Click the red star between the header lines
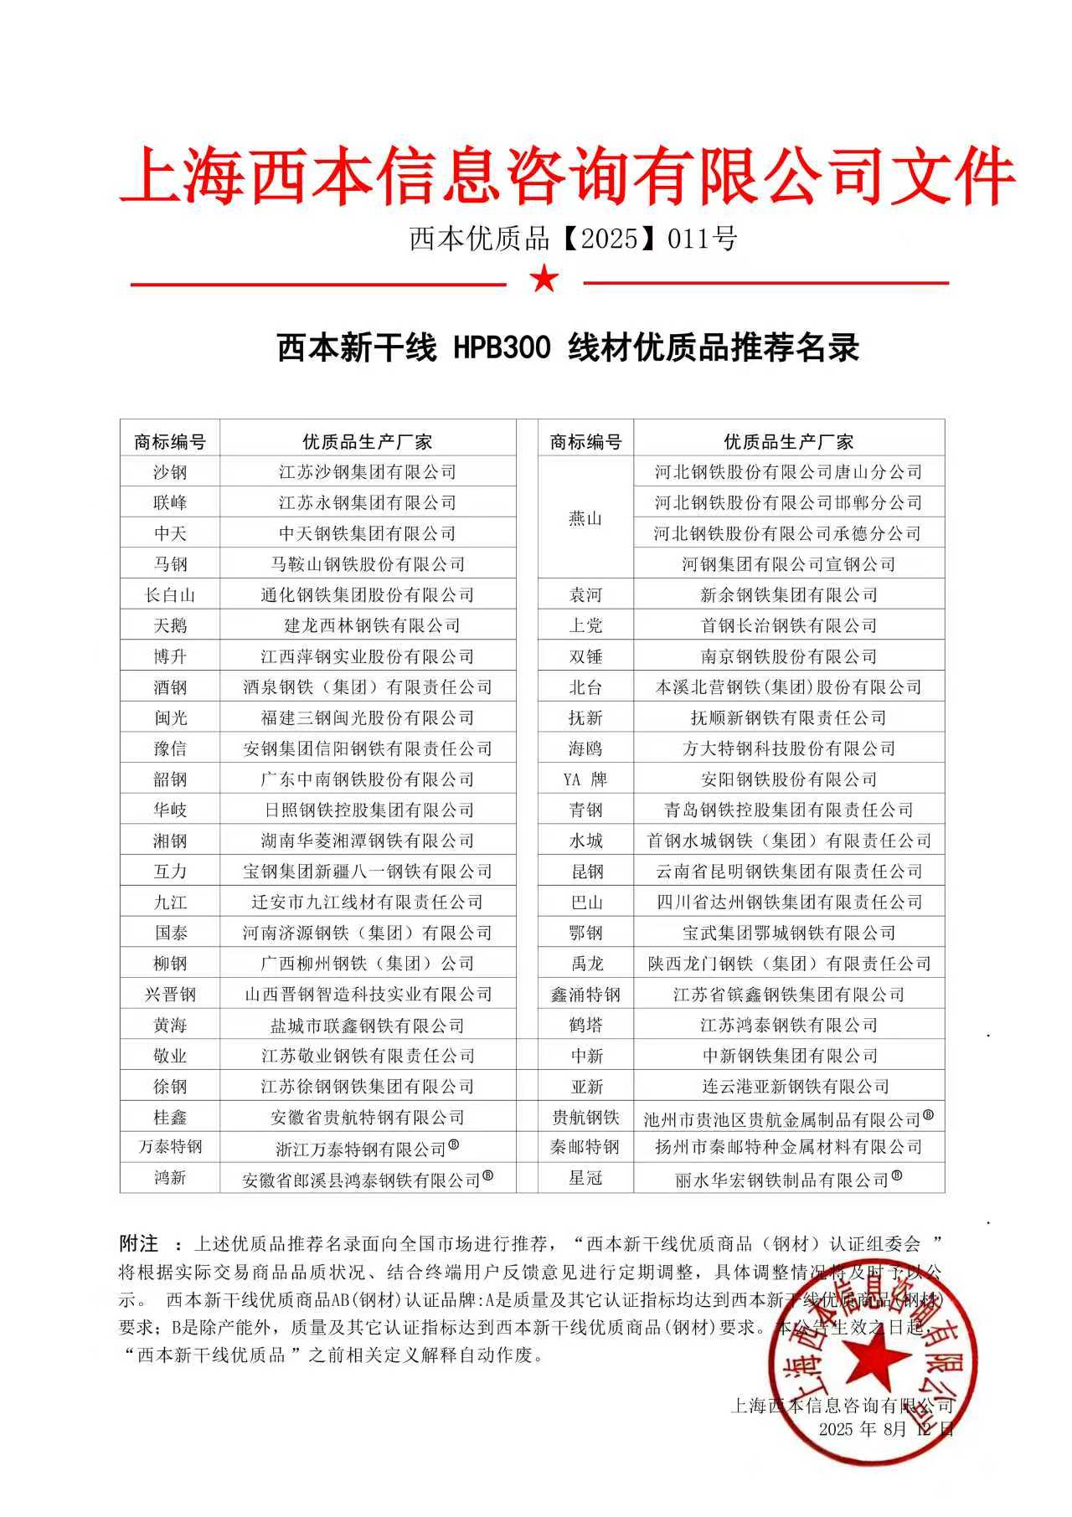544,279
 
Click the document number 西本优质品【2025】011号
573,239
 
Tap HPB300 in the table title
502,347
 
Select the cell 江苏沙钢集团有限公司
368,472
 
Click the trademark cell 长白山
170,595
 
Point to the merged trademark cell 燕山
585,518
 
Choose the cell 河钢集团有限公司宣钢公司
788,564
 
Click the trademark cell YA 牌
585,779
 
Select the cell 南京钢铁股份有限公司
788,656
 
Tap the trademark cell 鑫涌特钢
585,995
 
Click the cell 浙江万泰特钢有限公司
368,1148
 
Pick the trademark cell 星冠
585,1178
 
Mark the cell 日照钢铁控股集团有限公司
368,810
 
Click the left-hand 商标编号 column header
170,441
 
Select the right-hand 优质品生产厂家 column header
788,441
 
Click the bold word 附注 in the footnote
139,1242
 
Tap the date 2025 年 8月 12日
886,1429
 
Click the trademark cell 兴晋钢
170,995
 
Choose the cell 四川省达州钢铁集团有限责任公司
788,902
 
